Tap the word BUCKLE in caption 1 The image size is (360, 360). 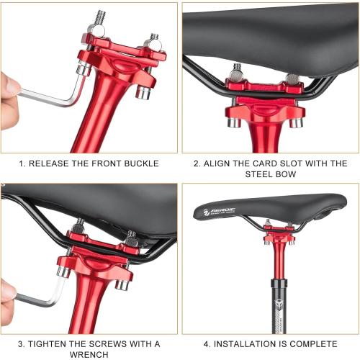point(140,163)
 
